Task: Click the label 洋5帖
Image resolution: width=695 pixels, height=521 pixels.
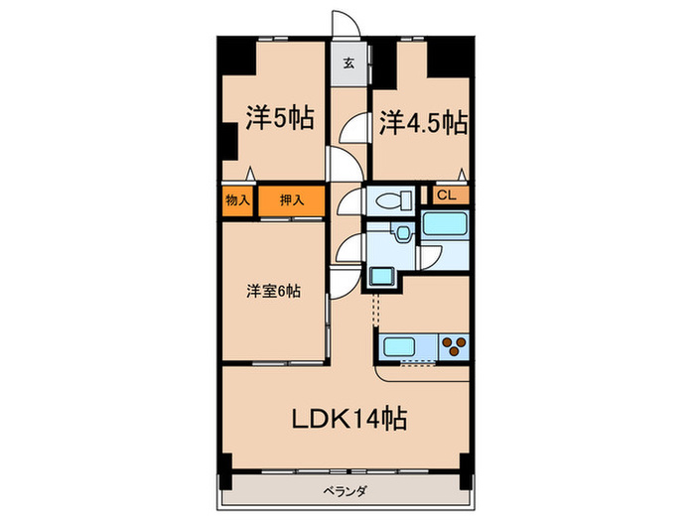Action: tap(280, 120)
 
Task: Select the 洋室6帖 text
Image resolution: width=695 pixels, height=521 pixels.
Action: tap(274, 293)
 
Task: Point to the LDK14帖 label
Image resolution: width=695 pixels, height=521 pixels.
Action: tap(347, 418)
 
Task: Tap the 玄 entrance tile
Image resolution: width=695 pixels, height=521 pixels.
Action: tap(349, 63)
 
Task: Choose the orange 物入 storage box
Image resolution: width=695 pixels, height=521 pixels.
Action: tap(237, 200)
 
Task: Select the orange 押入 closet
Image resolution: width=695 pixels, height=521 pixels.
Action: tap(290, 200)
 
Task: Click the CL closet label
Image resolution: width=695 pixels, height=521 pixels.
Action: tap(446, 195)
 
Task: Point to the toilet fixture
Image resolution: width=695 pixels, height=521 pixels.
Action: tap(391, 200)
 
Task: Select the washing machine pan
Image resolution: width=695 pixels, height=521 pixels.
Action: tap(381, 276)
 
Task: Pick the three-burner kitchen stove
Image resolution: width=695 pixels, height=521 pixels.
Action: tap(455, 347)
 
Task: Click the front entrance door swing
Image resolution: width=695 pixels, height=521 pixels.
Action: tap(344, 25)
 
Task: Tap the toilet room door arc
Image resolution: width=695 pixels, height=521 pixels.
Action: tap(349, 203)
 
